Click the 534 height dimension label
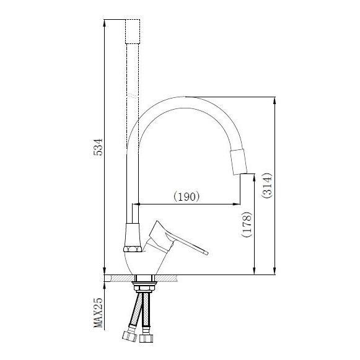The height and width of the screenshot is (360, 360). [x=97, y=147]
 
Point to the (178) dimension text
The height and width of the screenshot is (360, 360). [x=246, y=226]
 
